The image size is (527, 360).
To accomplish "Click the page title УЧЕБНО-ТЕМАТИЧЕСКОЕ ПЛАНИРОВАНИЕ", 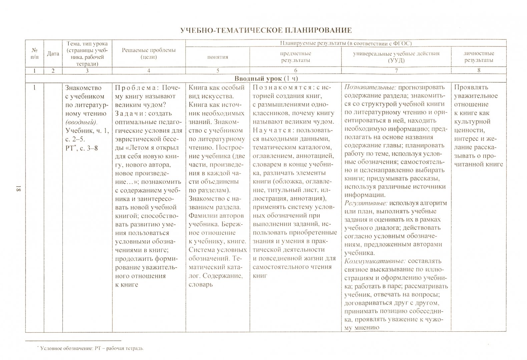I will point(266,30).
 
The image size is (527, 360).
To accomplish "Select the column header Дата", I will point(53,53).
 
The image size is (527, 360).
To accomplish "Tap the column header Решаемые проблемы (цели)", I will point(148,53).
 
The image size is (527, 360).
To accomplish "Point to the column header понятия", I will point(217,57).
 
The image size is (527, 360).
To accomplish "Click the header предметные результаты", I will point(296,57).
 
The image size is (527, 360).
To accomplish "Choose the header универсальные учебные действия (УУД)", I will point(396,57).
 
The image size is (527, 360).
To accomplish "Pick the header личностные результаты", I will point(479,57).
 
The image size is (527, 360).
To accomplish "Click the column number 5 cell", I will point(217,70).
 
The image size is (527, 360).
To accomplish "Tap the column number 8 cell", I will point(479,70).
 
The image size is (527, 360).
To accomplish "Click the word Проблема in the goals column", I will point(133,88).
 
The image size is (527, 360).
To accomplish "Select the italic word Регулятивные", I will point(366,203).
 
